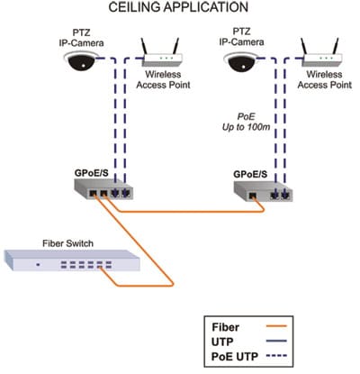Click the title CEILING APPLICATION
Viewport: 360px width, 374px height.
click(x=178, y=7)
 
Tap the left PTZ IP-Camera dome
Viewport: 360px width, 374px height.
click(x=81, y=61)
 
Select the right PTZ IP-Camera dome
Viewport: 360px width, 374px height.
click(x=240, y=61)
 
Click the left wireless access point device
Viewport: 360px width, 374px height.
click(x=162, y=53)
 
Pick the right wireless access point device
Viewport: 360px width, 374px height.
click(x=321, y=53)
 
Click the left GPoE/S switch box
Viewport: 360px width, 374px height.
click(x=103, y=189)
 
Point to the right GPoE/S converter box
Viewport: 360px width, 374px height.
click(x=263, y=191)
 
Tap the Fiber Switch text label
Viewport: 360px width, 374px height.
click(x=67, y=243)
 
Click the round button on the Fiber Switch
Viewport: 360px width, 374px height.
click(x=38, y=265)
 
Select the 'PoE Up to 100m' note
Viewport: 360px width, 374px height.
click(x=246, y=122)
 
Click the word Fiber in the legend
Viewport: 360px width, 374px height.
click(x=226, y=327)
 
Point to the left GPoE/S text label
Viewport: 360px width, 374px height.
click(x=91, y=173)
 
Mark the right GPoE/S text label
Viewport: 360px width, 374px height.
click(x=250, y=174)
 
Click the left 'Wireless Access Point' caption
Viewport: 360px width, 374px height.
click(x=163, y=79)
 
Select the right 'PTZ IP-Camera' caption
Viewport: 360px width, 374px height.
click(x=241, y=37)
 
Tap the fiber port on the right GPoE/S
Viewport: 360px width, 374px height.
click(x=253, y=196)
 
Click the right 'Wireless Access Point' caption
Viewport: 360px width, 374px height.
click(x=324, y=79)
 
